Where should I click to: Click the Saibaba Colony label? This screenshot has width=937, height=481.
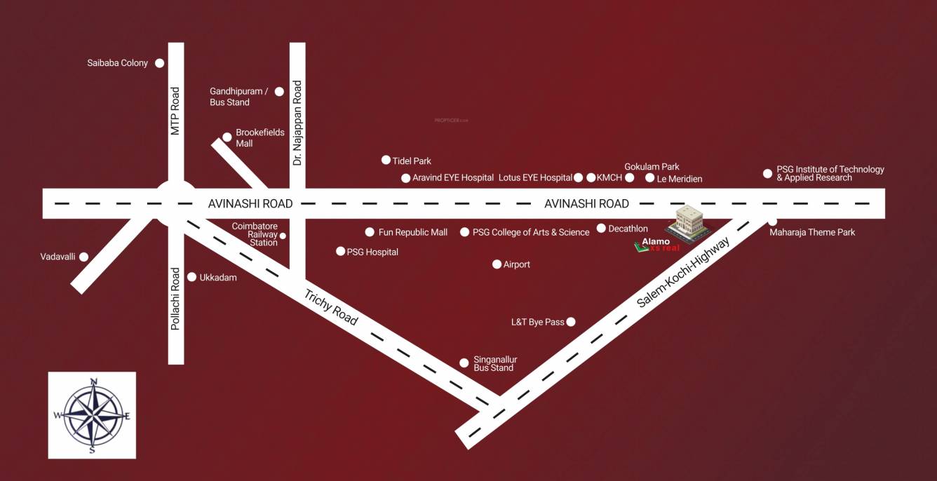pyautogui.click(x=117, y=63)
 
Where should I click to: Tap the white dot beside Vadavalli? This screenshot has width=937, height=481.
pyautogui.click(x=84, y=257)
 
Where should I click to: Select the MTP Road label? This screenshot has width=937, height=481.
pyautogui.click(x=175, y=111)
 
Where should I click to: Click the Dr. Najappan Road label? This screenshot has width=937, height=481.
pyautogui.click(x=297, y=123)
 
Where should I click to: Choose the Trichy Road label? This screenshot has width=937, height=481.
pyautogui.click(x=331, y=307)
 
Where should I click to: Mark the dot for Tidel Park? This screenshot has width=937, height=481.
pyautogui.click(x=386, y=160)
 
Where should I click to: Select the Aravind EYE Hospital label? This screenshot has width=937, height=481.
pyautogui.click(x=452, y=178)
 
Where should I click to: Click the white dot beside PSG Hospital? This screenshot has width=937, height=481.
pyautogui.click(x=341, y=251)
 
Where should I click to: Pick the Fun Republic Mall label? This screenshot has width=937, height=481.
pyautogui.click(x=412, y=232)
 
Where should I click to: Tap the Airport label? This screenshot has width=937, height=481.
pyautogui.click(x=516, y=264)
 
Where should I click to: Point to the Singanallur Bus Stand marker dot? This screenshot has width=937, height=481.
pyautogui.click(x=464, y=363)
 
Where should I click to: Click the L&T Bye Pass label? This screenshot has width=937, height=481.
pyautogui.click(x=537, y=322)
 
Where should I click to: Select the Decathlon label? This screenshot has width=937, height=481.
pyautogui.click(x=628, y=229)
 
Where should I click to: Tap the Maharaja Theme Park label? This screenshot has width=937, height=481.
pyautogui.click(x=812, y=232)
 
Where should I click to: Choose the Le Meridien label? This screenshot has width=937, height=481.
pyautogui.click(x=679, y=179)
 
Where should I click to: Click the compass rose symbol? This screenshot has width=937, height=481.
pyautogui.click(x=92, y=415)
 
